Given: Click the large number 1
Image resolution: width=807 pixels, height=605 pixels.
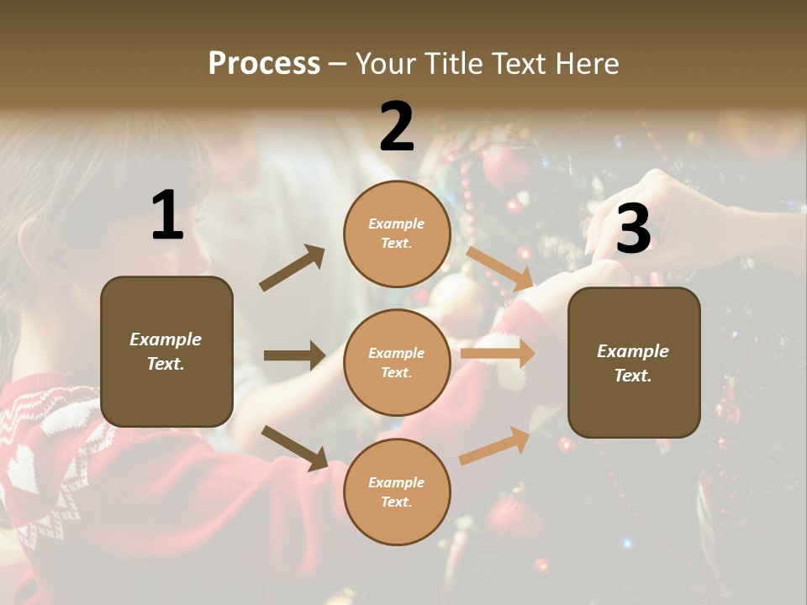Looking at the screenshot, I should (x=167, y=216).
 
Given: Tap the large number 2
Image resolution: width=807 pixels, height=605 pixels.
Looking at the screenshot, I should (x=397, y=127).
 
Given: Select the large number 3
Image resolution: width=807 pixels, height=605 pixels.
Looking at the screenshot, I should (x=633, y=229).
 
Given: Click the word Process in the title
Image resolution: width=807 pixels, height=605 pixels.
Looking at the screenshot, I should (x=264, y=63).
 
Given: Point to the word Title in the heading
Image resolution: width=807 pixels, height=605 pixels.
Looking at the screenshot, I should (x=452, y=63).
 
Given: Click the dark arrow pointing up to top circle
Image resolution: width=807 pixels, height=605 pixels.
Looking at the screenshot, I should (x=293, y=268).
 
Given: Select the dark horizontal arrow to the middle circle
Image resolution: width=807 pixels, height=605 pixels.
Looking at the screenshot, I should (x=294, y=355).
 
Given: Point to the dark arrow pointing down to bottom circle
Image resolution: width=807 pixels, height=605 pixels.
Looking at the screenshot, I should (x=294, y=448).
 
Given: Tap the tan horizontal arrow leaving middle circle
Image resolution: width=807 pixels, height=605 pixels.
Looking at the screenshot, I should (x=498, y=354).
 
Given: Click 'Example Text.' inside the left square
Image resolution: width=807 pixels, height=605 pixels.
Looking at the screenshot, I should (x=166, y=351).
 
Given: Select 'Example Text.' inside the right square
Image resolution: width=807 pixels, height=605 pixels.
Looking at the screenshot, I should (x=633, y=363).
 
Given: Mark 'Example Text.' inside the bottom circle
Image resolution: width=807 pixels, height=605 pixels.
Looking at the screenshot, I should (x=397, y=492).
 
